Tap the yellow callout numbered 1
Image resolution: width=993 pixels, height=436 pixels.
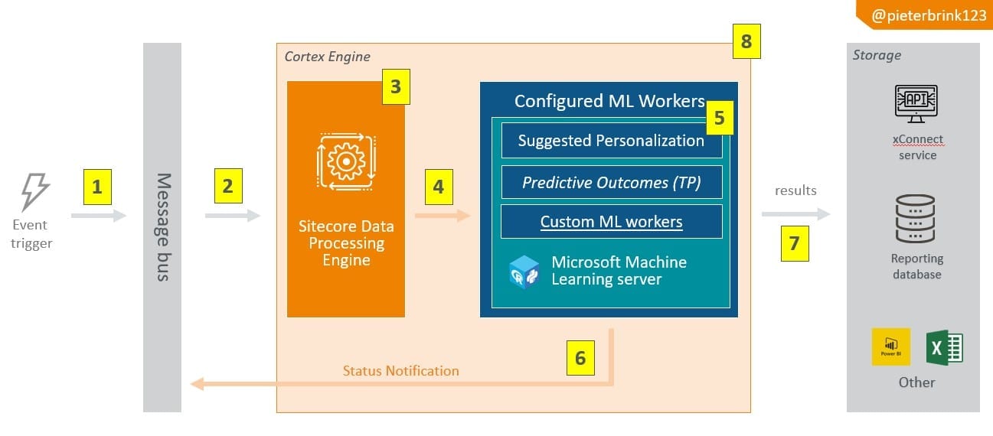(96, 187)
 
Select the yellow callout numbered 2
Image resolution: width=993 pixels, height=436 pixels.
(227, 187)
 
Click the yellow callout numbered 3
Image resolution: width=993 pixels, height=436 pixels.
(395, 87)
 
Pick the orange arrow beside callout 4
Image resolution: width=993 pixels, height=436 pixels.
(442, 216)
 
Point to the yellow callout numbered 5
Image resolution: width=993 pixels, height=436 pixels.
(719, 117)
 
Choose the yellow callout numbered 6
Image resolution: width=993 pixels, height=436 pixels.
(580, 358)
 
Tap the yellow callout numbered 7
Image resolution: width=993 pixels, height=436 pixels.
(795, 243)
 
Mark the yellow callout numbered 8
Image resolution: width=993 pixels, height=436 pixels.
(746, 41)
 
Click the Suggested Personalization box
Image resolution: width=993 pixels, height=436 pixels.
(611, 141)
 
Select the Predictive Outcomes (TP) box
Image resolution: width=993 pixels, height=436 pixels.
(611, 182)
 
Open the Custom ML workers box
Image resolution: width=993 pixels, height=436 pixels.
(611, 222)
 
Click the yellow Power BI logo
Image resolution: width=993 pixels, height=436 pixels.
(891, 347)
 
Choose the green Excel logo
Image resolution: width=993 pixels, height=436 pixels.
(944, 347)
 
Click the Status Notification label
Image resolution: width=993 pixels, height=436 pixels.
(400, 371)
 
